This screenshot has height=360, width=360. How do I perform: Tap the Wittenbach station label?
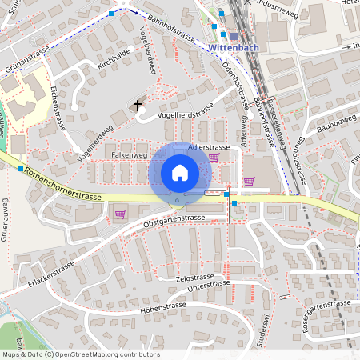click(x=233, y=48)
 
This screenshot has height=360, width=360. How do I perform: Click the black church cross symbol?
click(x=138, y=104)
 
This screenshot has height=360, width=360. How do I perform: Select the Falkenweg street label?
click(x=130, y=154)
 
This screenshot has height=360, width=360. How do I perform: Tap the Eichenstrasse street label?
click(x=57, y=106)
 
